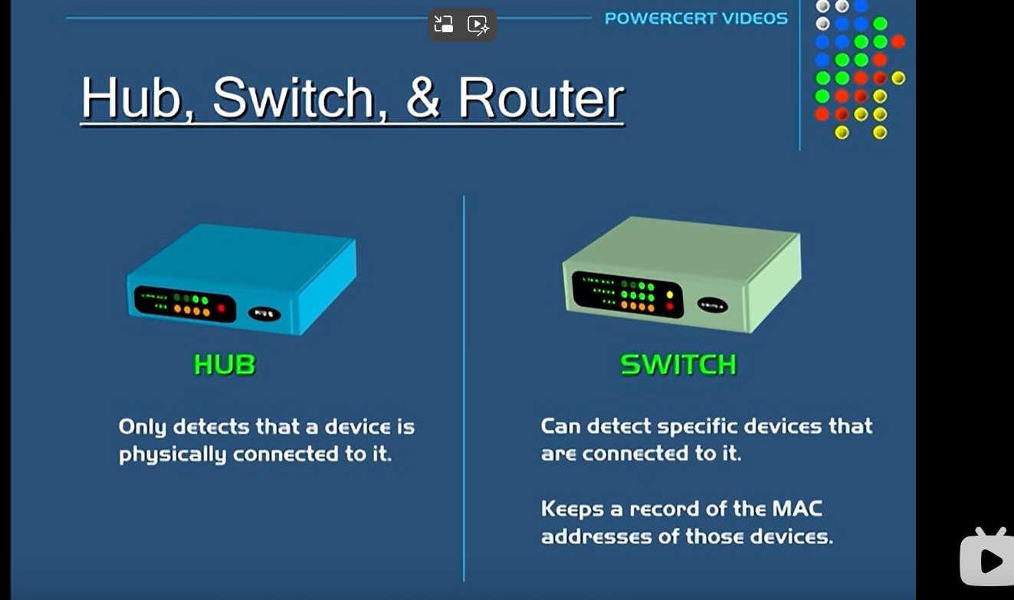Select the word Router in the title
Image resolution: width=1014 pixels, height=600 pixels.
(540, 98)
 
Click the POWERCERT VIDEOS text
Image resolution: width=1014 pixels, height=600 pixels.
(696, 18)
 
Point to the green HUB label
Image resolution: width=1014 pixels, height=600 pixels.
(225, 365)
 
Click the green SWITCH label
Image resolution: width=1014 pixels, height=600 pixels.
(678, 365)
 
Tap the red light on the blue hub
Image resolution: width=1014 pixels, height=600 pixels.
(222, 308)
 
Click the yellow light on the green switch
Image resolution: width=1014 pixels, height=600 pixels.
(670, 294)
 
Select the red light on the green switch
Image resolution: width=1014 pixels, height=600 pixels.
(670, 307)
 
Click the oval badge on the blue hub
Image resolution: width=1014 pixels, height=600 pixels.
(264, 313)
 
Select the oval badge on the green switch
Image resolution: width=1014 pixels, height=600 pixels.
(712, 305)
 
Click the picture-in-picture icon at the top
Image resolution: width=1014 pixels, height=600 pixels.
(444, 25)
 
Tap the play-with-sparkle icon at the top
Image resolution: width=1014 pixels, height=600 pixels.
(478, 25)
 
